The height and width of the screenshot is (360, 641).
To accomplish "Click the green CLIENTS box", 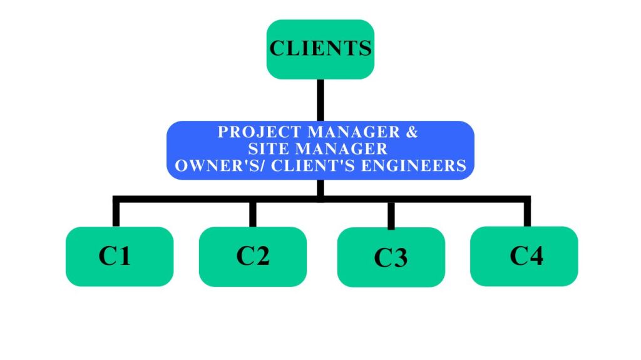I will pyautogui.click(x=320, y=49).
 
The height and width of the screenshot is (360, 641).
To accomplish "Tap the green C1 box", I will pyautogui.click(x=119, y=257).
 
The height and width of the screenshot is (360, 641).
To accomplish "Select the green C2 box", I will pyautogui.click(x=253, y=256).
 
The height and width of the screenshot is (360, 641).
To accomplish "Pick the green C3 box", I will pyautogui.click(x=391, y=257).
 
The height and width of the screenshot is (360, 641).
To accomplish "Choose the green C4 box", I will pyautogui.click(x=525, y=256).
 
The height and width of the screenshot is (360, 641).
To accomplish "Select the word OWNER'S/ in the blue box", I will pyautogui.click(x=210, y=166).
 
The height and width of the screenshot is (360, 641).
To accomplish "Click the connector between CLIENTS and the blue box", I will pyautogui.click(x=320, y=100).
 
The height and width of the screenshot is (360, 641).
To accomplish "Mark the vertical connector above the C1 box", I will pyautogui.click(x=116, y=213).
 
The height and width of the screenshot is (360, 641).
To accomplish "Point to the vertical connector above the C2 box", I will pyautogui.click(x=253, y=213).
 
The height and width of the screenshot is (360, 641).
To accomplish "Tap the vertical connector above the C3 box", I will pyautogui.click(x=391, y=214).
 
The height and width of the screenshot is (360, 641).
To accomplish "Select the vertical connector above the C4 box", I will pyautogui.click(x=527, y=213).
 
